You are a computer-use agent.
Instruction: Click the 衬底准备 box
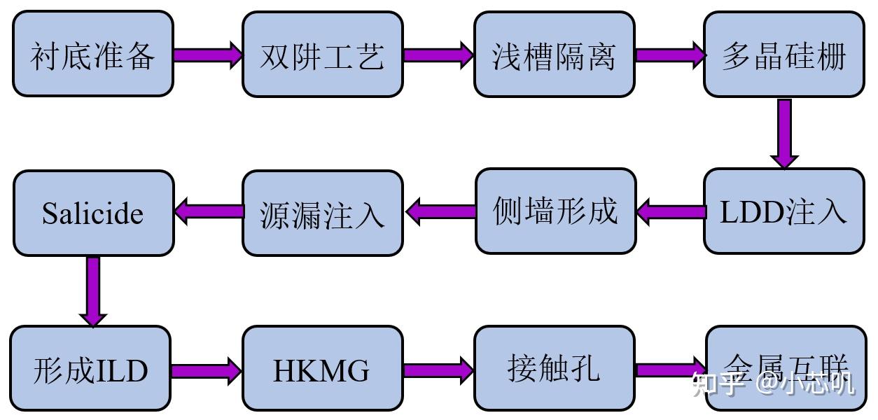93,54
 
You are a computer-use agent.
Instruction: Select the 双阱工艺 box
323,54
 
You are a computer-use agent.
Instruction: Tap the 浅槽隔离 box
554,54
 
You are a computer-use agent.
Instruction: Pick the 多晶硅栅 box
783,54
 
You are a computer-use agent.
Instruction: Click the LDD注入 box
783,211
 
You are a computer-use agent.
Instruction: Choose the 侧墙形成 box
555,211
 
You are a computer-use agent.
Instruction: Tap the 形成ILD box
91,368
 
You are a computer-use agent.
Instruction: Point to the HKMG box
323,368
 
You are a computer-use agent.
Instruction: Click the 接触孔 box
554,368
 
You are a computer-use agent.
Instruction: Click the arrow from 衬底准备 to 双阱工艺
207,55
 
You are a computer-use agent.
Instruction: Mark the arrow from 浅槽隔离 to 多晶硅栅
669,55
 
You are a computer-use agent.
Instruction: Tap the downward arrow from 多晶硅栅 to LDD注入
784,133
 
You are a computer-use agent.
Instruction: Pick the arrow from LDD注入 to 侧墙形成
670,212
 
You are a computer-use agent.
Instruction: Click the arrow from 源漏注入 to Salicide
208,211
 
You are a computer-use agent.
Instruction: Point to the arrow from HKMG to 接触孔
438,370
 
